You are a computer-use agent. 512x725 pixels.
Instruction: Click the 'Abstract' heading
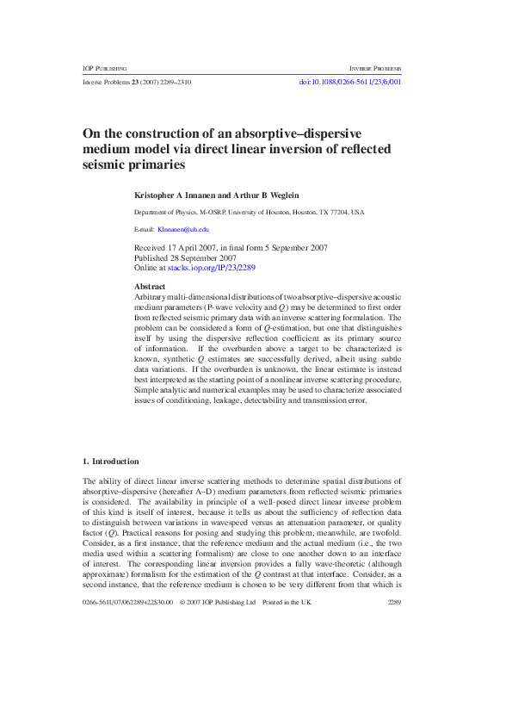(x=151, y=285)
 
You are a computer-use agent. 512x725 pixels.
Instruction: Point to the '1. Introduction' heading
(x=110, y=461)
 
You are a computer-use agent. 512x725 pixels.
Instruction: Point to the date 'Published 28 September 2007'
(x=185, y=257)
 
